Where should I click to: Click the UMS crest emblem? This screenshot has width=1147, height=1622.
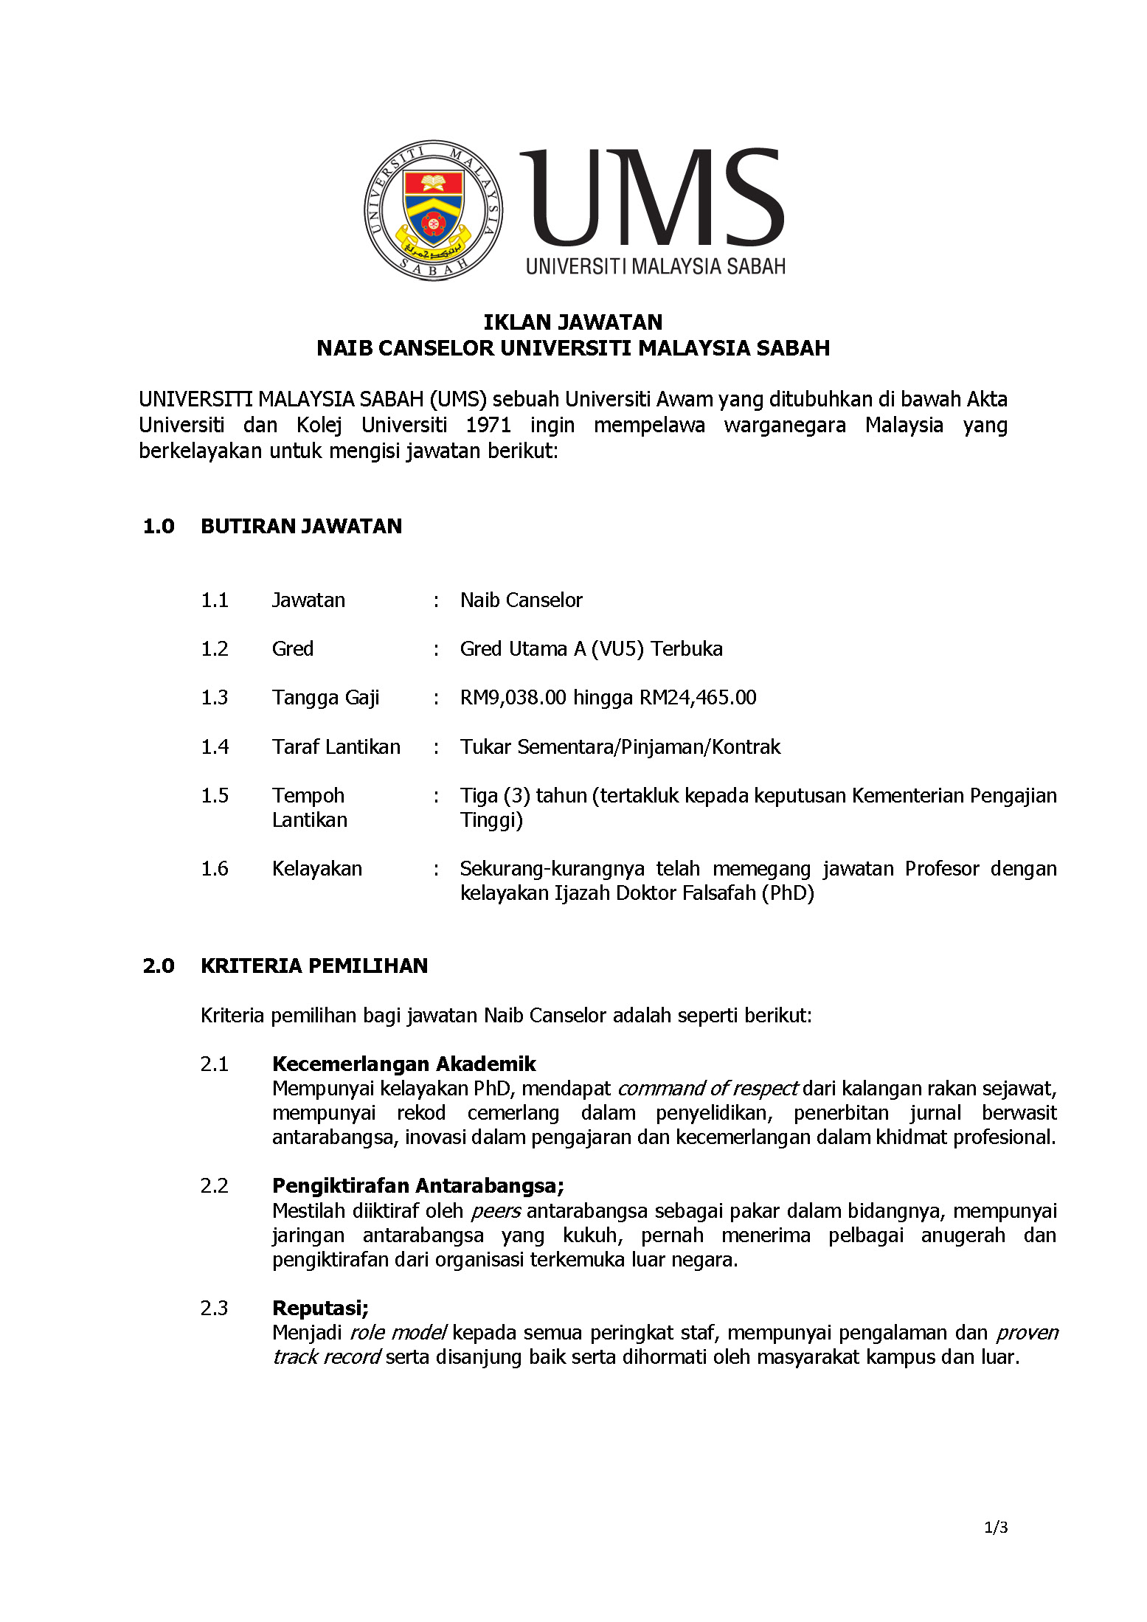[434, 210]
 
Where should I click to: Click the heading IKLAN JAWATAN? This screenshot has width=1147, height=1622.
[572, 322]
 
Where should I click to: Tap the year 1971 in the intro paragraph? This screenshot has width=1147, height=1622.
[488, 425]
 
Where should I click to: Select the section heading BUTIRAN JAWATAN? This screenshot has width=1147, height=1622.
[301, 526]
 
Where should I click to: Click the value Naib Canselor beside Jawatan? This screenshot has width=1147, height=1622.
[521, 600]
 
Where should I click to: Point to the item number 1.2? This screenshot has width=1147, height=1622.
[215, 649]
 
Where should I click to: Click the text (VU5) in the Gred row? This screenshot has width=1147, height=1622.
[617, 649]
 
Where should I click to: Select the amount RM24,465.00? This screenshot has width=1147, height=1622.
[698, 698]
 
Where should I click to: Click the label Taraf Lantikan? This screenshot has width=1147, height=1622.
[336, 747]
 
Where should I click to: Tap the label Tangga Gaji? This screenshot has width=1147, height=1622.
[325, 698]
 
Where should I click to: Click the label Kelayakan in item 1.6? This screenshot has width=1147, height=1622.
[316, 869]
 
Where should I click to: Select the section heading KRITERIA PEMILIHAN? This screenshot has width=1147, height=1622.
[314, 966]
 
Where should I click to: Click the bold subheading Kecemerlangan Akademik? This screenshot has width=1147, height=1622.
[403, 1064]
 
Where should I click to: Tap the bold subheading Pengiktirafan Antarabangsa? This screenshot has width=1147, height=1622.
[417, 1186]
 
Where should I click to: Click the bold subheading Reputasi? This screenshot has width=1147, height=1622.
[320, 1309]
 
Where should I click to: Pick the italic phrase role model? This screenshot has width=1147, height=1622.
[397, 1333]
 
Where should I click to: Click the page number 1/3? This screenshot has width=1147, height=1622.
[996, 1528]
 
